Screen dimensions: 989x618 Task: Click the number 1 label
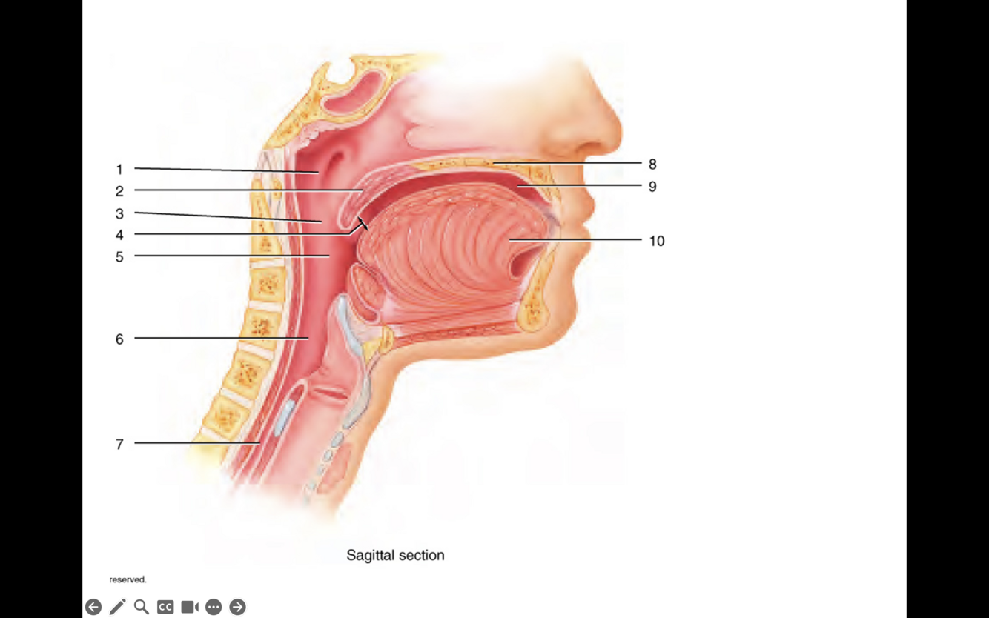coord(119,170)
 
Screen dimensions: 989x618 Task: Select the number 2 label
coord(119,191)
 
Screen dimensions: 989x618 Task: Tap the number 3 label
coord(119,214)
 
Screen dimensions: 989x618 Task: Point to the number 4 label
coord(119,236)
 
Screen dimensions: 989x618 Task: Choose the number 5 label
coord(119,257)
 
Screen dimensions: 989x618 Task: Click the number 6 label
coord(119,339)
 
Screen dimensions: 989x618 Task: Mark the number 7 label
coord(119,445)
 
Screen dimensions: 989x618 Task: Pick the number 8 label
coord(652,165)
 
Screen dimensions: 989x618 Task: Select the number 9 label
coord(652,187)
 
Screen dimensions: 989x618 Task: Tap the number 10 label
coord(657,241)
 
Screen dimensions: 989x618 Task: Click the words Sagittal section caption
coord(395,555)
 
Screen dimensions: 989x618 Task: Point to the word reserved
coord(128,579)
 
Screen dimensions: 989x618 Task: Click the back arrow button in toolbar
coord(93,607)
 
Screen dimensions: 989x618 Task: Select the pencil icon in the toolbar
coord(117,607)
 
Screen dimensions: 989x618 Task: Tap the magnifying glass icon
coord(141,607)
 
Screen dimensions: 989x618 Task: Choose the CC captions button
coord(165,607)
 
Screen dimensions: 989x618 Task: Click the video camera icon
coord(190,607)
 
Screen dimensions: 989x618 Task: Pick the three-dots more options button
coord(214,607)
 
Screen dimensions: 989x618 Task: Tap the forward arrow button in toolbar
coord(237,607)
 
